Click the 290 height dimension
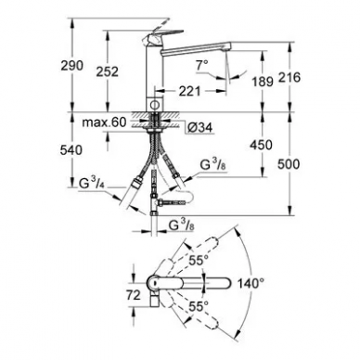[x=71, y=66]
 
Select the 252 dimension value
[x=108, y=71]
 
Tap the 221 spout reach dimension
[x=189, y=91]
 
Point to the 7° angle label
[x=202, y=65]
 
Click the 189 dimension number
[x=263, y=82]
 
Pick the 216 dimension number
[x=289, y=77]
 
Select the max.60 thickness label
[x=104, y=122]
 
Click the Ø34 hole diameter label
[x=201, y=127]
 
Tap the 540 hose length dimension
[x=71, y=150]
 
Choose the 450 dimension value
[x=262, y=145]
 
